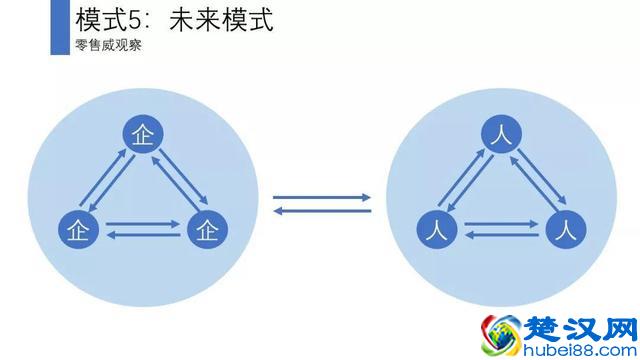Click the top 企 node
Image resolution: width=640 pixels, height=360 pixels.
[x=142, y=136]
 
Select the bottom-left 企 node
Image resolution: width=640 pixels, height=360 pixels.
[x=78, y=230]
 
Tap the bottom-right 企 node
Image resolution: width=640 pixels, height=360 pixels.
[x=207, y=230]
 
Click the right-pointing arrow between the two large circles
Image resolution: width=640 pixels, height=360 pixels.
[x=322, y=197]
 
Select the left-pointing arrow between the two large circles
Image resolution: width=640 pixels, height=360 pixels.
[x=322, y=210]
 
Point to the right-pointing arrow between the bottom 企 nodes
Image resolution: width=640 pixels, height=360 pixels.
[x=142, y=223]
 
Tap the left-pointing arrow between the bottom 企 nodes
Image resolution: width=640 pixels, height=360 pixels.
[x=142, y=236]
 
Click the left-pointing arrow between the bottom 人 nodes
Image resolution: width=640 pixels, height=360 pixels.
[x=500, y=235]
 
